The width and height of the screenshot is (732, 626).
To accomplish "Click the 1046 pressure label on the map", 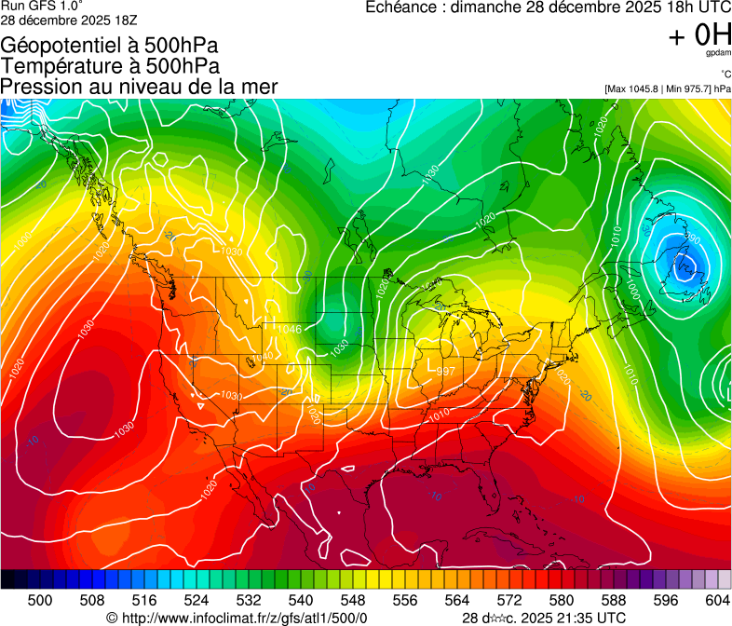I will tap(290, 329).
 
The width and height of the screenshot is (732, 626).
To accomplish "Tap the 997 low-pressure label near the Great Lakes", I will tap(446, 371).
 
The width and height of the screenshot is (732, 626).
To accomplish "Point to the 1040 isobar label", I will tap(264, 357).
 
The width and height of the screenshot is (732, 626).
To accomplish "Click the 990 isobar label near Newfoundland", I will tap(692, 240).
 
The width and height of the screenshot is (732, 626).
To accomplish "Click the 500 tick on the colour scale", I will tap(40, 599).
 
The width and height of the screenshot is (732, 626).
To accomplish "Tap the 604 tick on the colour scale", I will tap(717, 599).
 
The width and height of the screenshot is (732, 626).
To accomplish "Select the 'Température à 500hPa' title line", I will tap(110, 66).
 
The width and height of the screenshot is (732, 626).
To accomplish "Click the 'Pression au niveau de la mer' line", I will tap(140, 87).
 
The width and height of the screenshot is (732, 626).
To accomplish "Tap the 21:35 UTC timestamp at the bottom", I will tap(586, 618).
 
